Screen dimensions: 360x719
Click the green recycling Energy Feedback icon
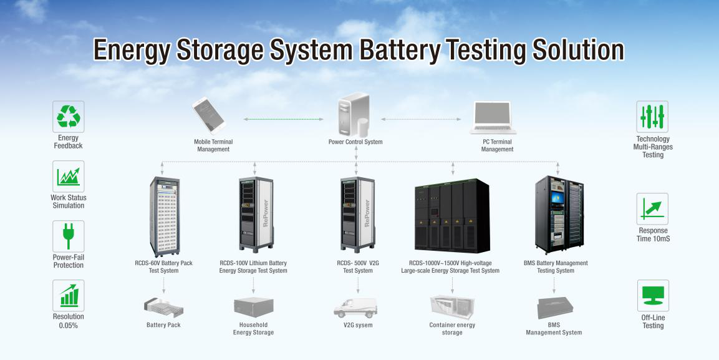coord(68,117)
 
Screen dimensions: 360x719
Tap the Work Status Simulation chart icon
coord(68,176)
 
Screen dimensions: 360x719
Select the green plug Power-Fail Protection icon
coord(68,236)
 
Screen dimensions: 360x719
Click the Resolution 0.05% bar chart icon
coord(68,295)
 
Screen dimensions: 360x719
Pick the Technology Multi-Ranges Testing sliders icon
coord(652,117)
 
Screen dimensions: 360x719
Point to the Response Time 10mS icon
coord(652,208)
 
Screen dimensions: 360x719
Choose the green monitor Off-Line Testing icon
coord(652,296)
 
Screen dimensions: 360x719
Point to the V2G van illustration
coord(355,308)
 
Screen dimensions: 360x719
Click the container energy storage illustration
coord(452,307)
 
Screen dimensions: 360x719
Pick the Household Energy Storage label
coord(253,329)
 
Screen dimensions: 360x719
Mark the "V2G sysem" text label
coord(358,325)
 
